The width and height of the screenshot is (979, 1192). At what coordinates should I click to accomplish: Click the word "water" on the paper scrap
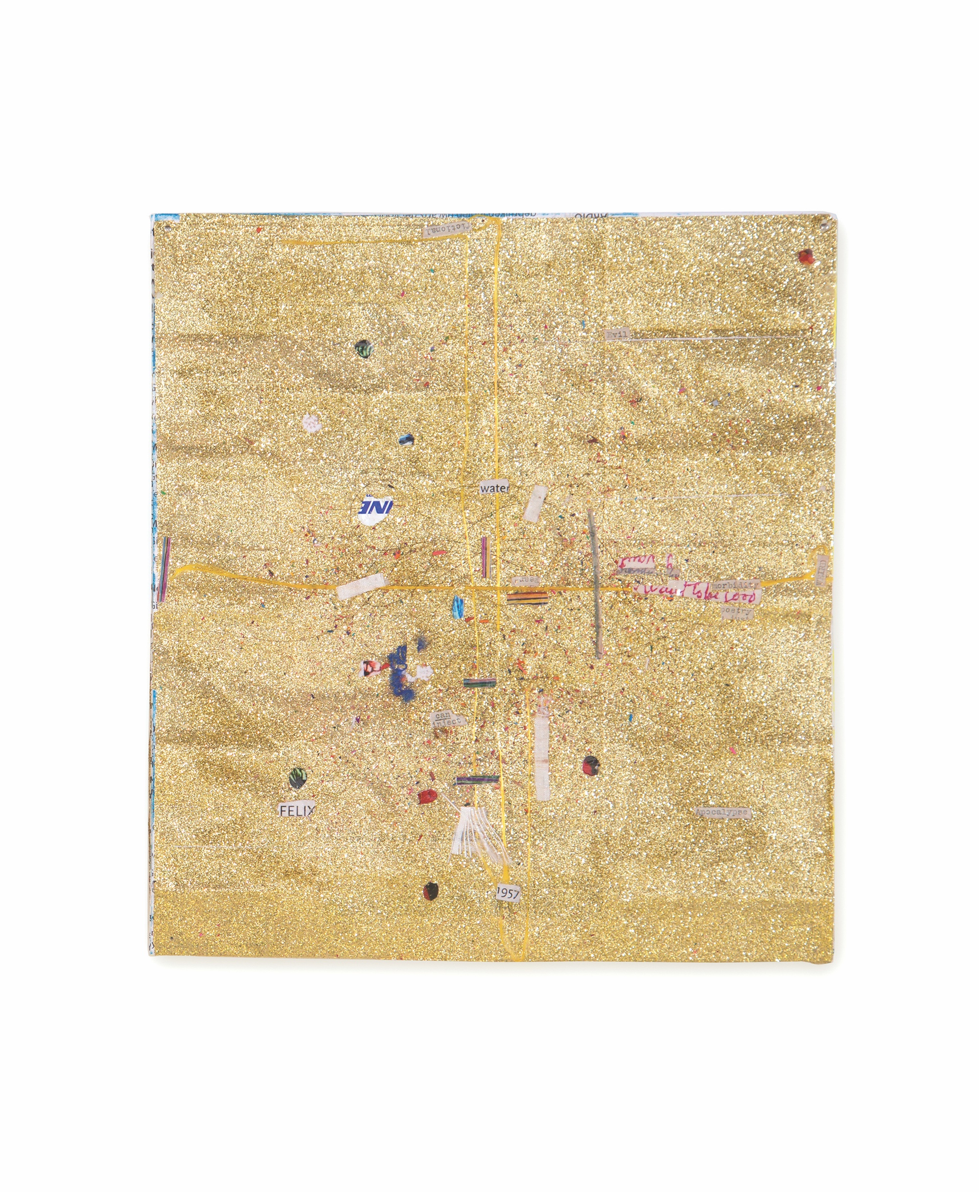click(x=494, y=487)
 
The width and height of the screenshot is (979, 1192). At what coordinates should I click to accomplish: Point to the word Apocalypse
click(x=723, y=812)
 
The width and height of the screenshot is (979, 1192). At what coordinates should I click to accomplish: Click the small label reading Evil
click(x=616, y=335)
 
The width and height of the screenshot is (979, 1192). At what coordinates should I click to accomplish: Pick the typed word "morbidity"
click(x=735, y=585)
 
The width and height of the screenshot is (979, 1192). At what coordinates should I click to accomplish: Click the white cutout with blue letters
click(x=375, y=510)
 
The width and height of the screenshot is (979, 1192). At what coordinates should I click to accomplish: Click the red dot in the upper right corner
click(x=806, y=257)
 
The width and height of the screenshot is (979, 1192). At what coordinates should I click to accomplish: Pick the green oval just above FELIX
click(x=298, y=778)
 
